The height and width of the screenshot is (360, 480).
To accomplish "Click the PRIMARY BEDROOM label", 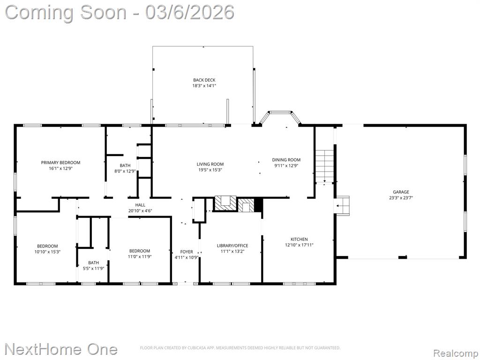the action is click(60, 163).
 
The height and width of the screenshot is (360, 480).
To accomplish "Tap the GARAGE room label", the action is click(401, 192).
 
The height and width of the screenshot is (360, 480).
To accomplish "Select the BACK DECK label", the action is click(204, 80).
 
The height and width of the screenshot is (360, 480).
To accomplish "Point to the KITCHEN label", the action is click(299, 239).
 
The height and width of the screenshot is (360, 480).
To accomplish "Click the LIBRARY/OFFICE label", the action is click(232, 246).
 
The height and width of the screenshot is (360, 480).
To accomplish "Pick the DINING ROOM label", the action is click(286, 160).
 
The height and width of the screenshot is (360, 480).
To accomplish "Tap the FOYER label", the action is click(187, 252).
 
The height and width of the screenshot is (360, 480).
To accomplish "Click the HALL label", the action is click(140, 205).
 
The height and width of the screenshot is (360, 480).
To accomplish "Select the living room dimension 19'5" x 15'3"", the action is click(210, 170).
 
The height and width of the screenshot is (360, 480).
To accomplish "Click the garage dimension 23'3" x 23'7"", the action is click(401, 198).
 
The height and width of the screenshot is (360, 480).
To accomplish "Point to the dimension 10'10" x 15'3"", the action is click(47, 252).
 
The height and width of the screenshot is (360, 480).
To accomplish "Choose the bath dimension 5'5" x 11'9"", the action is click(94, 269).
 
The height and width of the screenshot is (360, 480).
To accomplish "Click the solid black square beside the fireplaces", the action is click(258, 205).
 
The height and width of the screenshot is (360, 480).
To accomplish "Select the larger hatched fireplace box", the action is click(225, 203).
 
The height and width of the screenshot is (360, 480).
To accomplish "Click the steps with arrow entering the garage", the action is click(343, 206).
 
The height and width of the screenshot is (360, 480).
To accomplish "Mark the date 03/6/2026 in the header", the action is click(190, 13).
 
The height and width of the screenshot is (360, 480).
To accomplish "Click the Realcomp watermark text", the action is click(455, 353).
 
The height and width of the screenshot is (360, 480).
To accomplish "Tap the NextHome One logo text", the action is click(61, 349).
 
